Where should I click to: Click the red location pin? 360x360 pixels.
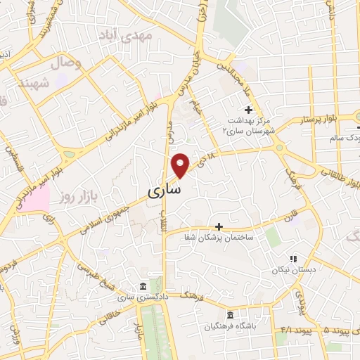pyautogui.click(x=181, y=165)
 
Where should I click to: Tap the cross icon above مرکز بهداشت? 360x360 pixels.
pyautogui.click(x=247, y=109)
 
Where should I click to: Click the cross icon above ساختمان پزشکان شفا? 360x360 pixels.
pyautogui.click(x=219, y=226)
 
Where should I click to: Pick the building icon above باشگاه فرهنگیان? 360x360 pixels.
pyautogui.click(x=231, y=314)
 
